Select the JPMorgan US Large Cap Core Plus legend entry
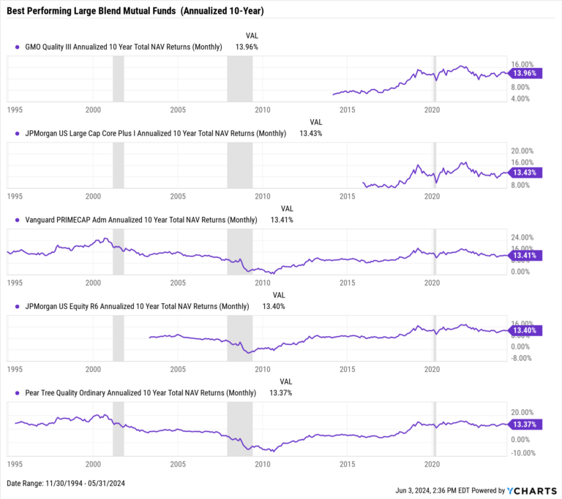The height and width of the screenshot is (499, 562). pos(154,133)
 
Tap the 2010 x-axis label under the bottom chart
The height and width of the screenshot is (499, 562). pos(262,464)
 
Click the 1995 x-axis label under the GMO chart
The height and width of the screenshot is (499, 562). pos(15,110)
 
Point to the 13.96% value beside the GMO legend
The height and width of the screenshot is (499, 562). pos(246,46)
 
